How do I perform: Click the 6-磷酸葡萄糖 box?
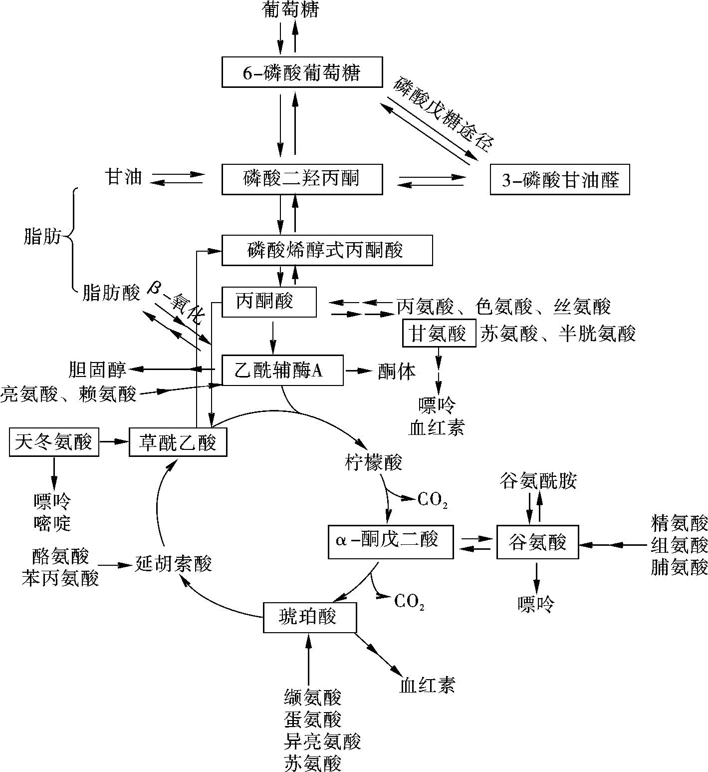(302, 73)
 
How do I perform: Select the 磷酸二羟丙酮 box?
(302, 179)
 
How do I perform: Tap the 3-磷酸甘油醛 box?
(560, 179)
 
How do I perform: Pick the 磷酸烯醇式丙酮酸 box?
(327, 250)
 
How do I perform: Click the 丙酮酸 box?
(269, 302)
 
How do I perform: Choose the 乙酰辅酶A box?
(282, 371)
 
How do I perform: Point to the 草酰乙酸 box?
(178, 441)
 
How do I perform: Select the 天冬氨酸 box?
(54, 441)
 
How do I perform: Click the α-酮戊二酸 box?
(391, 541)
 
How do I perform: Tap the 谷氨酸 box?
(538, 542)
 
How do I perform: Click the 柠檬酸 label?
(373, 462)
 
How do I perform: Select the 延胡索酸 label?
(174, 563)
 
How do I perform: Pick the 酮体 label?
(397, 371)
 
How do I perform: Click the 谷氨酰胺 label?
(538, 480)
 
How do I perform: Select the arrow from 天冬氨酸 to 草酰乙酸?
(114, 441)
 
